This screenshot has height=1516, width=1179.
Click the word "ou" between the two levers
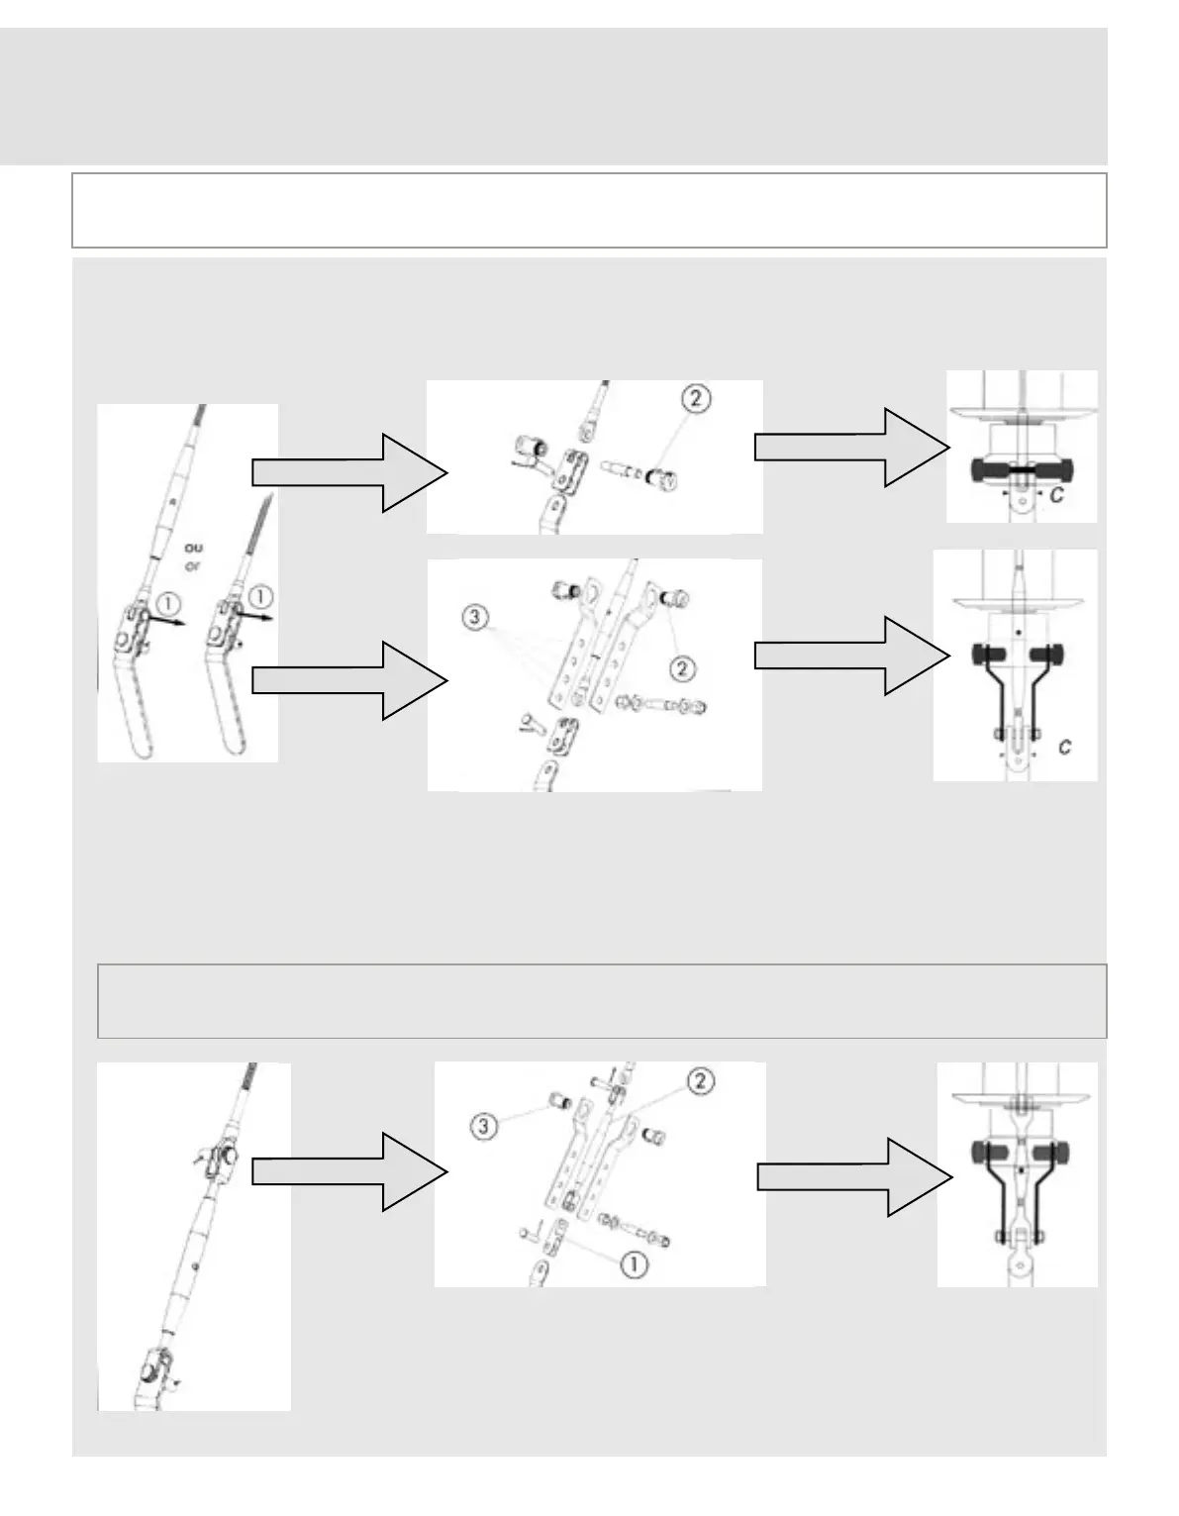click(x=194, y=547)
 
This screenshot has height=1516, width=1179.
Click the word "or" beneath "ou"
click(x=194, y=566)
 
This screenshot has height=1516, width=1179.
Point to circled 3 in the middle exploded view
click(x=476, y=618)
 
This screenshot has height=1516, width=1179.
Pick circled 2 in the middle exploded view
click(x=682, y=669)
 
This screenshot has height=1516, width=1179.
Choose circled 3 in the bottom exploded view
click(x=484, y=1126)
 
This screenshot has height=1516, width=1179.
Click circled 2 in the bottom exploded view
click(x=699, y=1080)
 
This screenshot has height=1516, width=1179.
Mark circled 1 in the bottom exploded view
click(x=634, y=1263)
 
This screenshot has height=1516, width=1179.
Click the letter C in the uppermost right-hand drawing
click(x=1056, y=495)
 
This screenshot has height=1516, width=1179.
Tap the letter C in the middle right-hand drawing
click(x=1064, y=748)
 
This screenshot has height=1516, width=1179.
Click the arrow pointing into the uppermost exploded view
click(x=349, y=472)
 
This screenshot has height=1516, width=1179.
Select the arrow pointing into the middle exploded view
click(x=349, y=679)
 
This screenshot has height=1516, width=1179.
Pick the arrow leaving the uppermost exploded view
click(x=850, y=448)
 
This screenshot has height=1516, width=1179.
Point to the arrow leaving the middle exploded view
click(x=850, y=656)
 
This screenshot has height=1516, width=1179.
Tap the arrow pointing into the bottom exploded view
click(x=349, y=1171)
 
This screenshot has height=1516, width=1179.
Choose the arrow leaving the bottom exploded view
click(x=853, y=1176)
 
